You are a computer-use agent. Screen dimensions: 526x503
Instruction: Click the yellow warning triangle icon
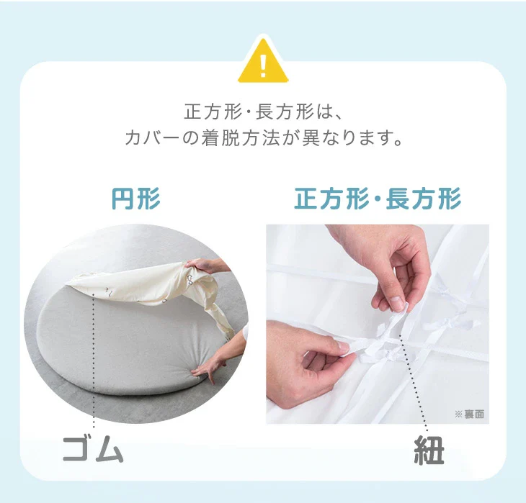click(263, 62)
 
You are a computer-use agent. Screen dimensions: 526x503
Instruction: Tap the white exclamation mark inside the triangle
click(263, 66)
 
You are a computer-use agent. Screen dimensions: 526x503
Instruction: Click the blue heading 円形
click(136, 199)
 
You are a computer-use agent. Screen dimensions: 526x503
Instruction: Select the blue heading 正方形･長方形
click(378, 199)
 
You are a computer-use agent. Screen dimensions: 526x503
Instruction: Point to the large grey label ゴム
click(93, 450)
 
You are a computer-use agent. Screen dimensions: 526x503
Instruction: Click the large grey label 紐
click(429, 450)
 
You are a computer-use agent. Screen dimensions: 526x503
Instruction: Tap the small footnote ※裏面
click(469, 414)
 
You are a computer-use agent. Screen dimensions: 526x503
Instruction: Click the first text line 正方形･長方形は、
click(263, 112)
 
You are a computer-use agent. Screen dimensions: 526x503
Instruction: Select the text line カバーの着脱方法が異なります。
click(264, 137)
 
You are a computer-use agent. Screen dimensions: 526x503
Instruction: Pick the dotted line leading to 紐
click(414, 383)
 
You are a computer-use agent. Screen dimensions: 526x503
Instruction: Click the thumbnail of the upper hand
click(397, 303)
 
